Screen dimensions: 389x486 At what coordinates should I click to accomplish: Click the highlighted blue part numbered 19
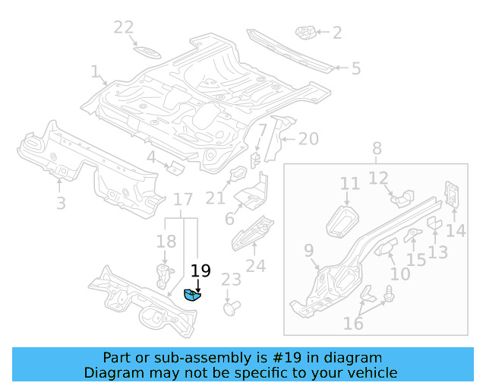(192, 296)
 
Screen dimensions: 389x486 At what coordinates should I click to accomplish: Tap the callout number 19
(200, 271)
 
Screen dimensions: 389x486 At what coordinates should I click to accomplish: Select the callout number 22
(124, 28)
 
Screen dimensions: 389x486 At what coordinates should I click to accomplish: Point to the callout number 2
(336, 33)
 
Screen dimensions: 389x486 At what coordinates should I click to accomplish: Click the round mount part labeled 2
(305, 33)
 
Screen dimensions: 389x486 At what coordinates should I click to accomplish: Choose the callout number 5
(355, 68)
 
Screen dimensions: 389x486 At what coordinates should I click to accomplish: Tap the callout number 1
(95, 72)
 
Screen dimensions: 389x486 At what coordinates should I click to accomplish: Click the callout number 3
(61, 203)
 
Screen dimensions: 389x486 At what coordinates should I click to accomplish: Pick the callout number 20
(308, 139)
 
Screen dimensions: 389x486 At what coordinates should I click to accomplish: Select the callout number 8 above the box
(377, 149)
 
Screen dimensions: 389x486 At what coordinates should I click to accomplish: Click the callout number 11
(349, 184)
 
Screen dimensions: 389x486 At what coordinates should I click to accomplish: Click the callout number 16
(353, 324)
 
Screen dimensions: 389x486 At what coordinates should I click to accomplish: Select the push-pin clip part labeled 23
(230, 308)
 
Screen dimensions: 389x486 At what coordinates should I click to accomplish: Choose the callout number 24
(256, 266)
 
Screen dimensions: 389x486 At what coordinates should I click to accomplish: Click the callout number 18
(166, 242)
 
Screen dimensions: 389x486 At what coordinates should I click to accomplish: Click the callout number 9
(308, 250)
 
